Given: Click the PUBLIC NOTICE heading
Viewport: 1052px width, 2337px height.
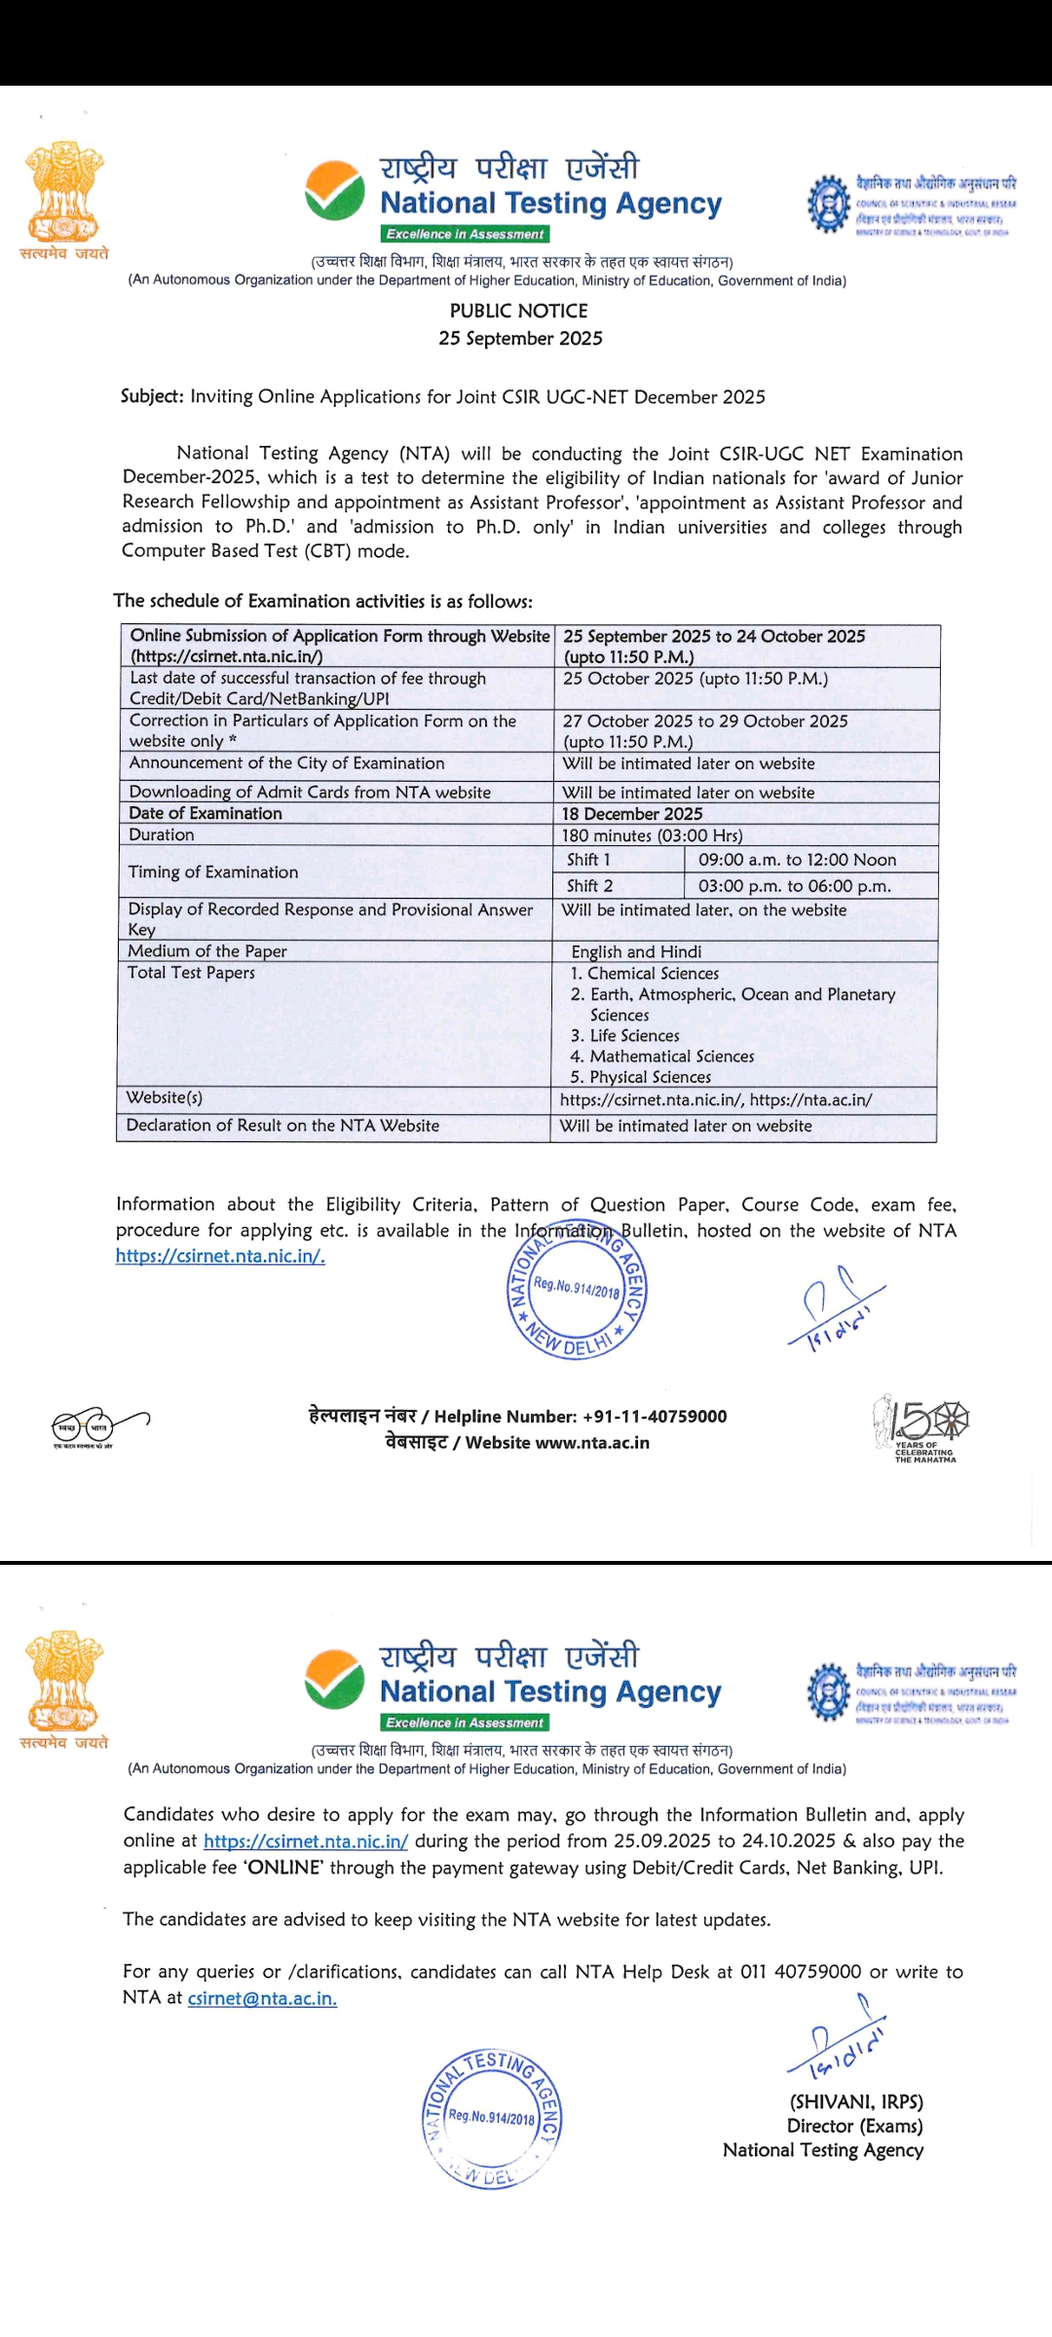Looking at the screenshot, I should pos(518,311).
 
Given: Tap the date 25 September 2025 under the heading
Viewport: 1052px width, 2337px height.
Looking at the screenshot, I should pos(520,338).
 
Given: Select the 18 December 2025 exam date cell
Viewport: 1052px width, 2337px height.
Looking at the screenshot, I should pos(632,814).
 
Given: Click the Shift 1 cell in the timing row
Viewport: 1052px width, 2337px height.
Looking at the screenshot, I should pos(588,860).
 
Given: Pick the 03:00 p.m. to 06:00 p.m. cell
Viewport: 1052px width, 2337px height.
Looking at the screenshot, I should pos(794,886).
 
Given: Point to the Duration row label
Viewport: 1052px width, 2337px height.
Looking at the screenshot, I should pos(162,835).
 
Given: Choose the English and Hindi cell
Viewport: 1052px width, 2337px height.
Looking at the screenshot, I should pos(636,951).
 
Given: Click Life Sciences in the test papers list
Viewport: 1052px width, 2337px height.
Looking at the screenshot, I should pos(634,1036).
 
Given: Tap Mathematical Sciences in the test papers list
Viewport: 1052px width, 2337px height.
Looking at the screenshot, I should pos(671,1057).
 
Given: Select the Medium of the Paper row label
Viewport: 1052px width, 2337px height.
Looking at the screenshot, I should pos(207,951).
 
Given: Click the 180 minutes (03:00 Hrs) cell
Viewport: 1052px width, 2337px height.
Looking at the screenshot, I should pos(652,835).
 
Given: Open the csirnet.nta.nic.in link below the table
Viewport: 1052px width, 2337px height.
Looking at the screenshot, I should pos(220,1256).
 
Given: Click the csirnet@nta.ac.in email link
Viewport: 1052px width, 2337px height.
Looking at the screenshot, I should pos(262,1998).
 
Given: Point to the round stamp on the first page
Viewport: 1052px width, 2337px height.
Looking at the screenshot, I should pos(577,1291).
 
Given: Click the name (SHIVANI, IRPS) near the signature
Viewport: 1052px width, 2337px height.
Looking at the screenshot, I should pos(856,2101).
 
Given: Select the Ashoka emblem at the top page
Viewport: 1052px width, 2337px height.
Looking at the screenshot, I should pos(64,193).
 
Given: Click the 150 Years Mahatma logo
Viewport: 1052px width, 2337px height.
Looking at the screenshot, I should pos(921,1427).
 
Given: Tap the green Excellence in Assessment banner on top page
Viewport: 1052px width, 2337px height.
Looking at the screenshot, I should pos(465,234).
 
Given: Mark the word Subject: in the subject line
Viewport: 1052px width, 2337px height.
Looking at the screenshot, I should pos(151,396).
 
